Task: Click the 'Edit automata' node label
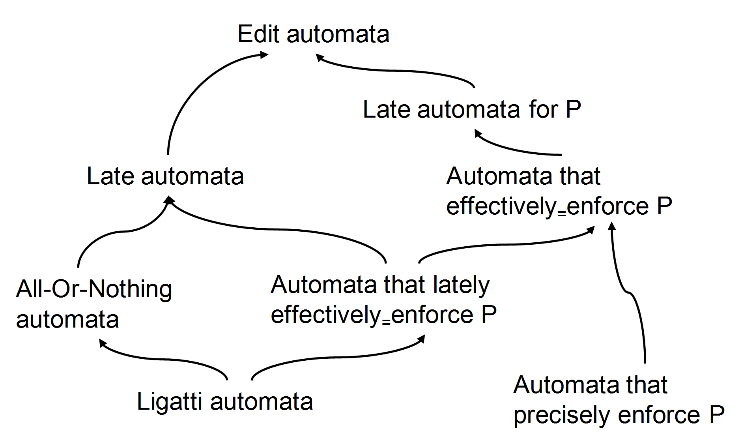tap(314, 34)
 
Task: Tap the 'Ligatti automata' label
tap(225, 402)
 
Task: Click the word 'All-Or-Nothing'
tap(94, 290)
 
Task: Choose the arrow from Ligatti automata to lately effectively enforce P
tap(335, 358)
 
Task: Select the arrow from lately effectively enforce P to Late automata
tap(276, 229)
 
